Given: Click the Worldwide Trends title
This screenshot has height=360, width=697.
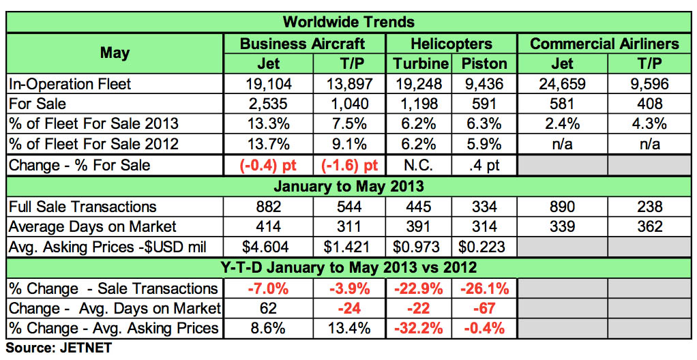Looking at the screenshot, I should [x=348, y=22].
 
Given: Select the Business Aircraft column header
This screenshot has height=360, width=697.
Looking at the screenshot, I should [x=303, y=44].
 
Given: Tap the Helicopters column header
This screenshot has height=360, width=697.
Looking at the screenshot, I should [x=451, y=44].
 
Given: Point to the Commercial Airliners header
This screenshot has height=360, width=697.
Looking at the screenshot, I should [x=604, y=44].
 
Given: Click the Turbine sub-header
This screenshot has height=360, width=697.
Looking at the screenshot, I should [x=421, y=64].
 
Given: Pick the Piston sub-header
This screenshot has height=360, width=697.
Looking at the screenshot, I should [x=484, y=64].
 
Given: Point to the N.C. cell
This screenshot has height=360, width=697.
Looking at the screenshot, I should [x=417, y=165].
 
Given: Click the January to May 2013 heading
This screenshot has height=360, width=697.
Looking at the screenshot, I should [x=348, y=186].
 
